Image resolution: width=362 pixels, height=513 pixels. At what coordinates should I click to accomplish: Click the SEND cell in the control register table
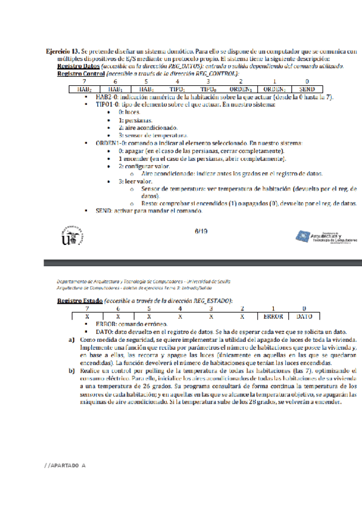point(307,89)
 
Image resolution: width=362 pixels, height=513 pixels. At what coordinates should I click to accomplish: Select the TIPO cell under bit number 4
point(177,89)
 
